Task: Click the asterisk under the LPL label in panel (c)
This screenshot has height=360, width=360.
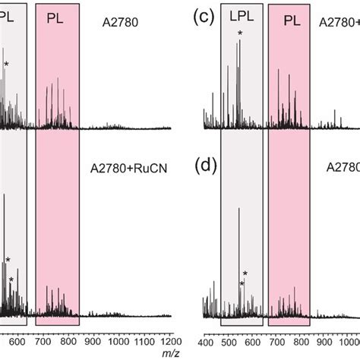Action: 240,33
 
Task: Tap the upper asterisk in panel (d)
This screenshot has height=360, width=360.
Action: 245,273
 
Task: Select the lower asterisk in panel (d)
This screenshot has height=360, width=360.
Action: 241,284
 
